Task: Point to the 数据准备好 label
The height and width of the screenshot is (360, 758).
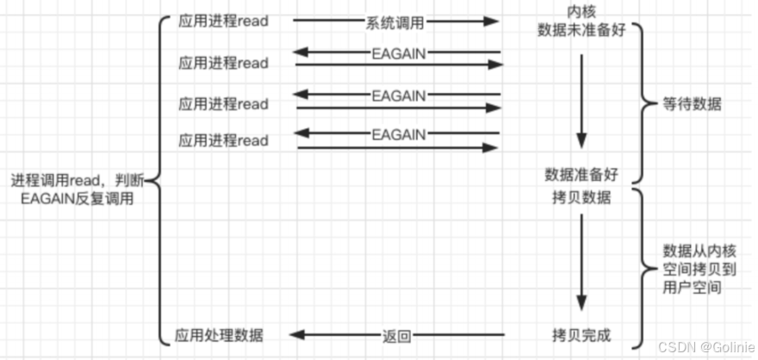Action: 581,175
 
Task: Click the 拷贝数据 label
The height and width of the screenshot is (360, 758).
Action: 581,198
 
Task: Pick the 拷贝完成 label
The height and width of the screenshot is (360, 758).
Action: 581,332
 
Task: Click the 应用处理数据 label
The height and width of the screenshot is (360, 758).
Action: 220,333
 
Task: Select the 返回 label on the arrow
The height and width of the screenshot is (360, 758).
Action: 396,333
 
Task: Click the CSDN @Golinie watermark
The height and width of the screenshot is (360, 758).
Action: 705,346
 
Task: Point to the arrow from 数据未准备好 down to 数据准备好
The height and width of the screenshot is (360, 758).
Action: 581,99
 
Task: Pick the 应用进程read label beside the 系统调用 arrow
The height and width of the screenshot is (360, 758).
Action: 224,20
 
